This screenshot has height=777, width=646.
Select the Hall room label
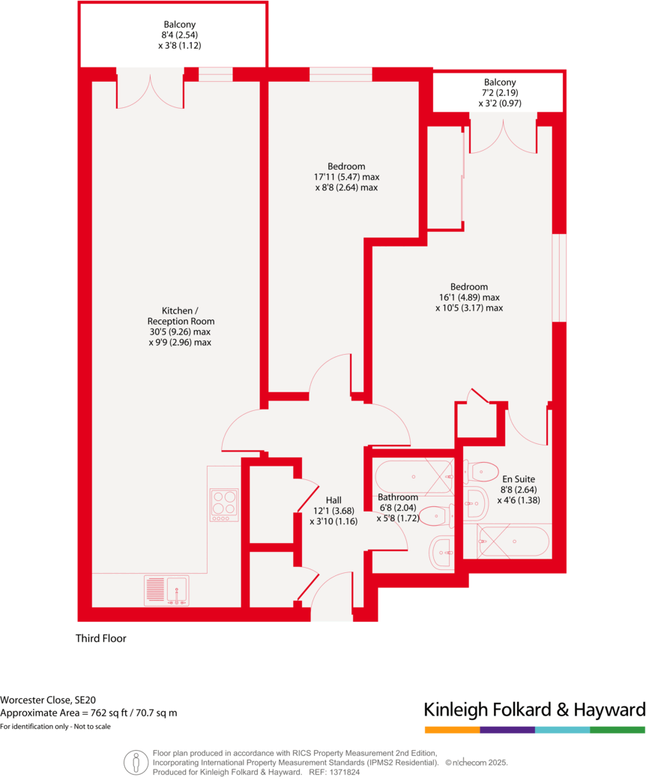333,500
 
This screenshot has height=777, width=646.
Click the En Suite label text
518,478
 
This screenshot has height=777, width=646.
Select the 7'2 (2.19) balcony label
500,94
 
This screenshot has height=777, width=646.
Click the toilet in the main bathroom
435,516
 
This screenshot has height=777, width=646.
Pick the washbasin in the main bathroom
441,553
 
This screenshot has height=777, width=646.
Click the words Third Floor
101,639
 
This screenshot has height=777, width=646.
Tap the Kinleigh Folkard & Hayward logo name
534,709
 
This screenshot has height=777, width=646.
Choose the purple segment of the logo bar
507,730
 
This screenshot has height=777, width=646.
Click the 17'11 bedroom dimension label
346,177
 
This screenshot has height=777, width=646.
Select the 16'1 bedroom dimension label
469,297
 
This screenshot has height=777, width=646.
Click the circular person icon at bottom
135,761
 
